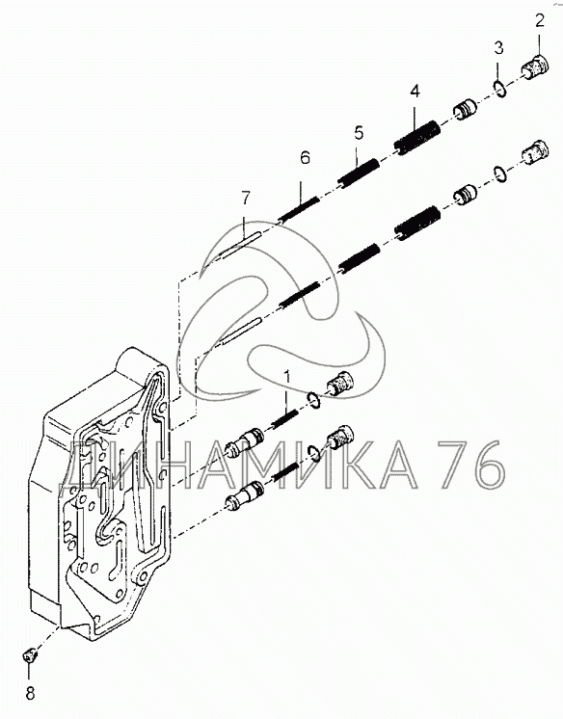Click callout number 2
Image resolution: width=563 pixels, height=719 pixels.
coord(539,20)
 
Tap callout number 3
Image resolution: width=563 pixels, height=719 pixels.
coord(498,47)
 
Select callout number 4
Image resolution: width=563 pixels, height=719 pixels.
coord(415,92)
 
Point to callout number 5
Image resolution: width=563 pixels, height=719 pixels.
coord(359,132)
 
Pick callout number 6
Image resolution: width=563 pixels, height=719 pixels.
coord(306,157)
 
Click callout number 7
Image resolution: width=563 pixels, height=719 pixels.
coord(246,199)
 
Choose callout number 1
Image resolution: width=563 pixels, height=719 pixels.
coord(287,377)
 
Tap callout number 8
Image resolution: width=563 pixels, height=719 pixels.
coord(30,693)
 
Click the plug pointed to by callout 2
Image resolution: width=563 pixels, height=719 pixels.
coord(535,67)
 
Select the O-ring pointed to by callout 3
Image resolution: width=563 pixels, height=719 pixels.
coord(499,89)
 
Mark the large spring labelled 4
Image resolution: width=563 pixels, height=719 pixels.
coord(417,137)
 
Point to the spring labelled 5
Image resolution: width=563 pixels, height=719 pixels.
coord(359,173)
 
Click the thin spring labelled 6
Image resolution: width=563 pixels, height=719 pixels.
coord(299,209)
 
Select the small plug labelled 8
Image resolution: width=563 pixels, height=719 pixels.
coord(30,655)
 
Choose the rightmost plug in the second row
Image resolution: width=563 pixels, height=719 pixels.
coord(535,152)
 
